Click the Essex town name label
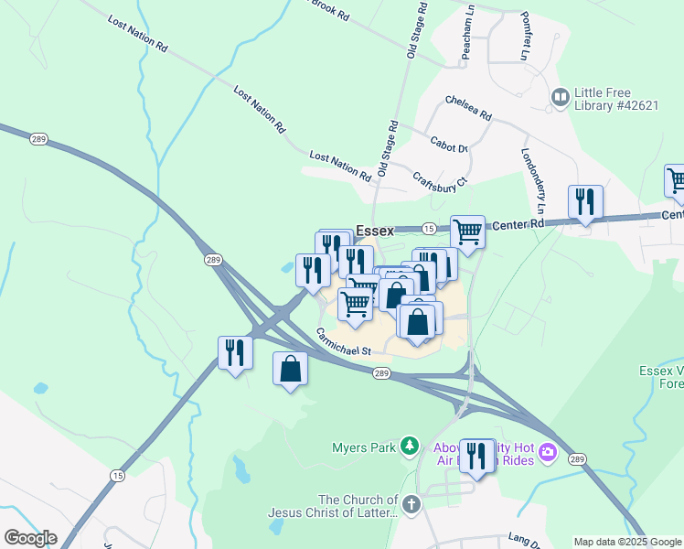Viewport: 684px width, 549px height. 375,231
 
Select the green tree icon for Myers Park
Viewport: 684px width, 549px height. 411,447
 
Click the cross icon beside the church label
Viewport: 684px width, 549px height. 411,505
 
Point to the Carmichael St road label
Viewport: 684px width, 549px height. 344,344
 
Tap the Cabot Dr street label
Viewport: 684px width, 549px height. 449,145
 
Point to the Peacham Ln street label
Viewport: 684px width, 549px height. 468,33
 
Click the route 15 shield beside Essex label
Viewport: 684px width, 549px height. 428,227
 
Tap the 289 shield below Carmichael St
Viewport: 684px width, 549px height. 382,372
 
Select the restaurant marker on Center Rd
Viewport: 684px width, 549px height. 584,202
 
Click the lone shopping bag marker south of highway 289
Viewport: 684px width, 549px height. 290,370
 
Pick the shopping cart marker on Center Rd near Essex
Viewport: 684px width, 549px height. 467,232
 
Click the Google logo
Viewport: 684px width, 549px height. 30,538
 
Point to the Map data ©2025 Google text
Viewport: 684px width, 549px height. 626,542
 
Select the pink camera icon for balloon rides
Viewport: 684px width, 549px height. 548,451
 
